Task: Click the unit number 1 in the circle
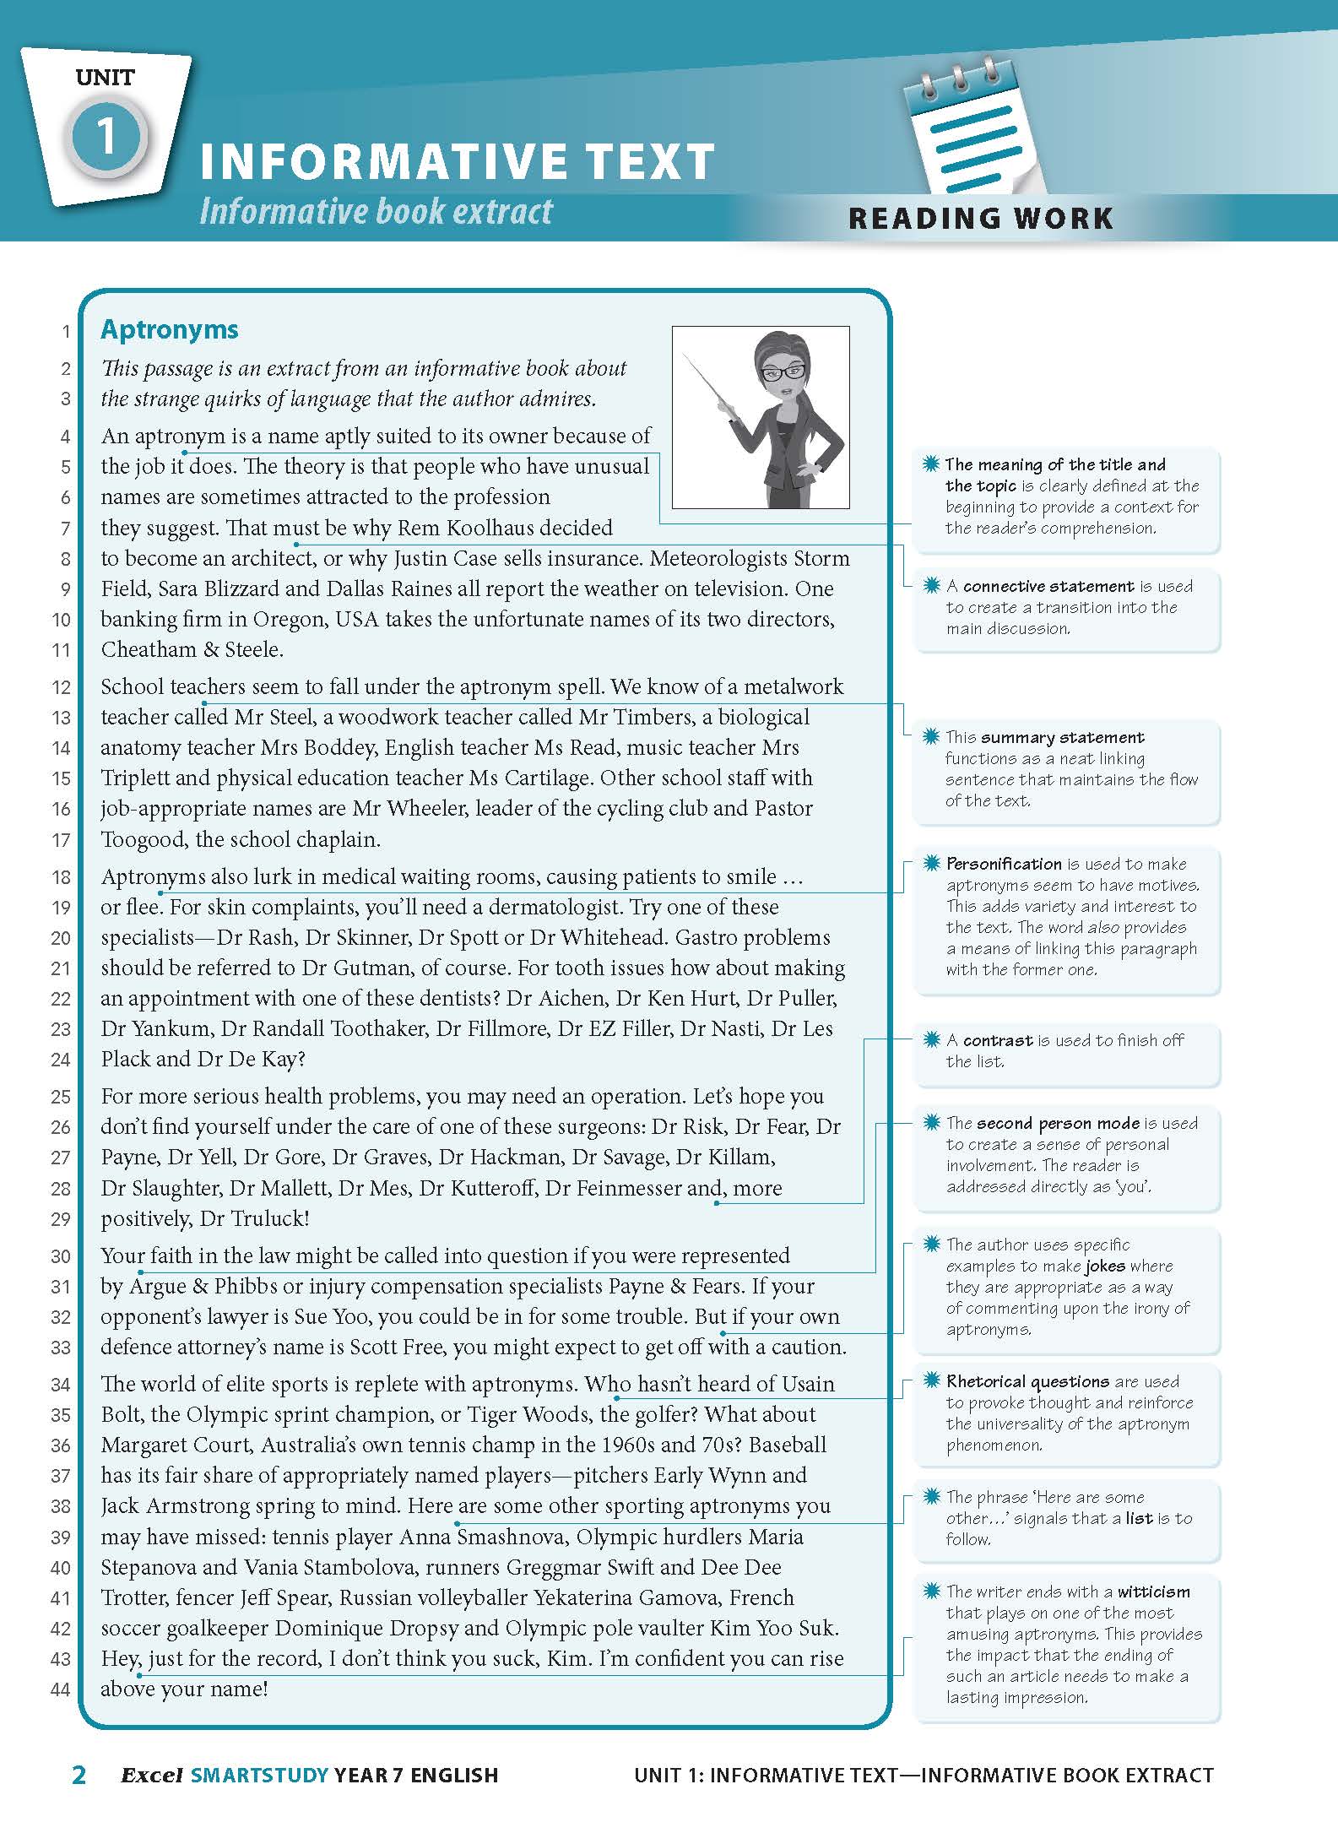tap(106, 136)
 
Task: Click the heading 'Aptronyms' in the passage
tap(170, 329)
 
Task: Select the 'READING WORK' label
tap(981, 219)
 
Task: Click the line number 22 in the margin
tap(61, 999)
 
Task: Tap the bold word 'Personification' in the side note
tap(1004, 864)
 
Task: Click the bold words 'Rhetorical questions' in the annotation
tap(1027, 1381)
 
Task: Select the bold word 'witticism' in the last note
tap(1153, 1592)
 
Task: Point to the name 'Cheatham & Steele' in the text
tap(192, 649)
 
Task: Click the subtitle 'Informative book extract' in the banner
tap(376, 211)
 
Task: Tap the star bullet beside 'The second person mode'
tap(931, 1122)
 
